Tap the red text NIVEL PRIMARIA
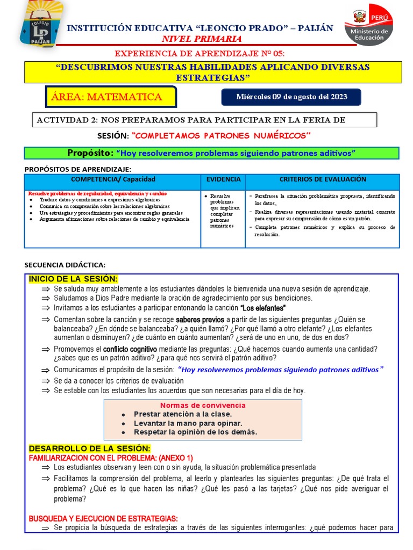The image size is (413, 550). coord(202,39)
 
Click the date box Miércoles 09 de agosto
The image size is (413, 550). coord(291,97)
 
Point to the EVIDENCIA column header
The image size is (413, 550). coord(223,179)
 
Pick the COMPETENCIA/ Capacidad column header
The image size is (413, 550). coord(113,179)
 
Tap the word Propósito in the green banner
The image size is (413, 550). coord(90,153)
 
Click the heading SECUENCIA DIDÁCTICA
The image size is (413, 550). coord(65,265)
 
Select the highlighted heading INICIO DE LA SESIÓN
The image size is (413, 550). coord(73,278)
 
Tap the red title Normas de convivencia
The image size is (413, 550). coord(202,405)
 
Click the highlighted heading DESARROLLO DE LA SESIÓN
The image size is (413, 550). coord(90,448)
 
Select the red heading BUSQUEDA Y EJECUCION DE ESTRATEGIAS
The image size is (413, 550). coord(103,518)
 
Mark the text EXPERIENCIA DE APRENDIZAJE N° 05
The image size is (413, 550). coord(200,54)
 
